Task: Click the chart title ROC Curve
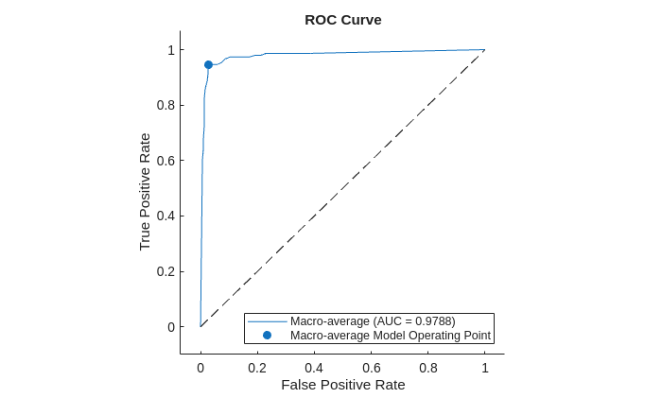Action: coord(342,20)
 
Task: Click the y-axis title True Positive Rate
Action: coord(145,191)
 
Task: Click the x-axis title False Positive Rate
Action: coord(342,385)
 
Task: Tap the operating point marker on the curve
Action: coord(208,65)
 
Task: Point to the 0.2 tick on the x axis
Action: coord(257,367)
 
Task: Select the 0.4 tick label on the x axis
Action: coord(314,367)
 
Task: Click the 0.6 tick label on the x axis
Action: coord(371,367)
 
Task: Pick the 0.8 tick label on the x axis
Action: coord(427,367)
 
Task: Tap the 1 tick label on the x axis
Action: coord(484,367)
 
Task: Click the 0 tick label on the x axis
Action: coord(200,367)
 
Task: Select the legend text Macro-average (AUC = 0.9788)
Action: coord(373,321)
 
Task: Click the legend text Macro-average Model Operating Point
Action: coord(391,335)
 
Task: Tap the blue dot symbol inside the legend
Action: coord(267,335)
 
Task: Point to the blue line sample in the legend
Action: coord(267,321)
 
